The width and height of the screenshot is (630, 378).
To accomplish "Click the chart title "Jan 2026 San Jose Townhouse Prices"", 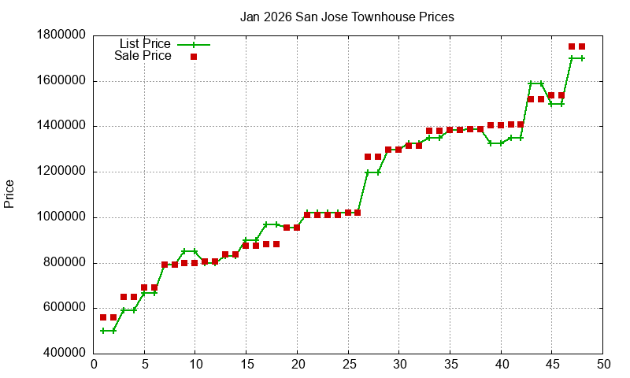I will (347, 17).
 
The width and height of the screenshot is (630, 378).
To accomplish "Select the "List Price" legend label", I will (145, 44).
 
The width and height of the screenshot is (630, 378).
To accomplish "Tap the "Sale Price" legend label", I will (143, 56).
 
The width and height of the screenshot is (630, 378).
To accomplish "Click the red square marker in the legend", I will (194, 57).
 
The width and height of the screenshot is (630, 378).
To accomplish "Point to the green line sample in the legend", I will (194, 45).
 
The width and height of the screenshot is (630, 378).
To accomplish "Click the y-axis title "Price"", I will (9, 194).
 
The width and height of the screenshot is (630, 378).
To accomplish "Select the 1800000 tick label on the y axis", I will (61, 35).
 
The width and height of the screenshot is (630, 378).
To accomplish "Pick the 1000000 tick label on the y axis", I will (61, 218).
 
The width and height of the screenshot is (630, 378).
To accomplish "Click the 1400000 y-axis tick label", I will (61, 127).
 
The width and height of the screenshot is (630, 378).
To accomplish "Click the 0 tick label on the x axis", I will (94, 365).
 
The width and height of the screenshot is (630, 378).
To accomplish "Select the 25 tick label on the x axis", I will (348, 365).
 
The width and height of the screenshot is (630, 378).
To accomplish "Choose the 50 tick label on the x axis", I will (603, 365).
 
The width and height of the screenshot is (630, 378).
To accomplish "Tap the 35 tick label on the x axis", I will (450, 365).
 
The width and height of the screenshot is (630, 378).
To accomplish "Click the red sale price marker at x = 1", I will (104, 317).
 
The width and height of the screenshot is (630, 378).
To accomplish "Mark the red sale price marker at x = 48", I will (582, 46).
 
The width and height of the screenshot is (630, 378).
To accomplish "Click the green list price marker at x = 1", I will (104, 331).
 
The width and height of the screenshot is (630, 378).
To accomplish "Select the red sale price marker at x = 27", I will (369, 157).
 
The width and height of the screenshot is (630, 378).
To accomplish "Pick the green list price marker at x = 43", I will (532, 83).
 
